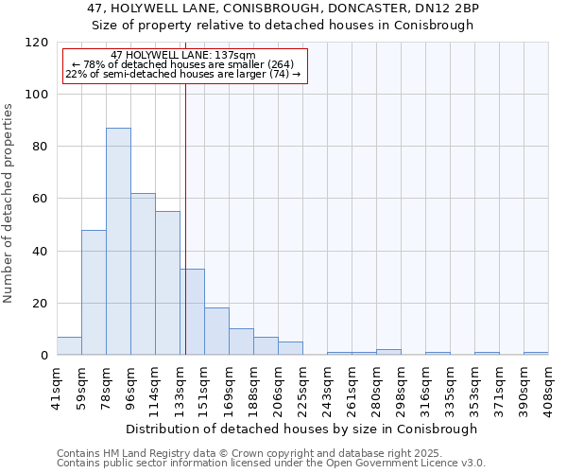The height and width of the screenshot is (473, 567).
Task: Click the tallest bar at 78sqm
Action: tap(118, 241)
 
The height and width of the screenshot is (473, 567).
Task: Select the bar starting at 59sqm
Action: tap(94, 292)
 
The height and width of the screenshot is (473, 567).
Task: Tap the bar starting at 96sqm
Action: tap(143, 274)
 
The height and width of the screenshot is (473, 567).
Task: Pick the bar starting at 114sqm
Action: tap(167, 283)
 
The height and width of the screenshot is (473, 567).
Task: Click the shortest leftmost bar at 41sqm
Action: tap(69, 346)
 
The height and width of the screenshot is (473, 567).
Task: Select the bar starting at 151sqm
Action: tap(216, 331)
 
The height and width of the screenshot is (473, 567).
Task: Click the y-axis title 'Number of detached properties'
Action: tap(9, 204)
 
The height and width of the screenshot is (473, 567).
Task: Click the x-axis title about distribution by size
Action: tap(301, 429)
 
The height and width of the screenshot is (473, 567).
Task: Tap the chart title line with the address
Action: tap(283, 9)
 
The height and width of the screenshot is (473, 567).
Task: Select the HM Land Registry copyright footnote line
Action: tap(269, 453)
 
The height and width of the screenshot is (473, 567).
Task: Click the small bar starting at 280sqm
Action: tap(388, 352)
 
